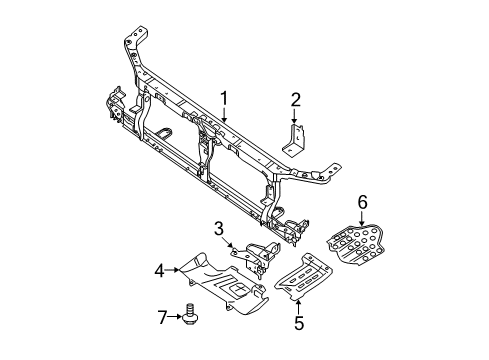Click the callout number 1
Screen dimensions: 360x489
225,98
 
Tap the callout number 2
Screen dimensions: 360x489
295,98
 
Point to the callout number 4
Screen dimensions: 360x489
159,269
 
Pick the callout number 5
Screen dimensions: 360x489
297,323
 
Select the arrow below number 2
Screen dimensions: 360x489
295,115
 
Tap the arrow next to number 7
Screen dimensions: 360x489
178,317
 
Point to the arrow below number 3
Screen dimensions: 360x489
229,242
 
